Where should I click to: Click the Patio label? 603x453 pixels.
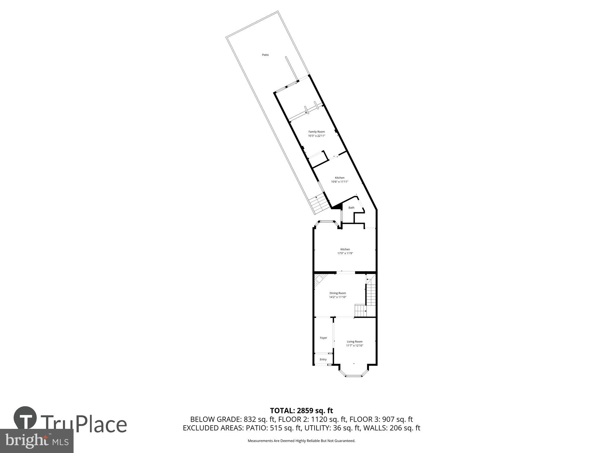tap(265, 55)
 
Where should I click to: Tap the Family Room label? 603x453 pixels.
tap(317, 132)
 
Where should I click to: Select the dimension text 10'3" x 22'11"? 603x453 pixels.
tap(317, 136)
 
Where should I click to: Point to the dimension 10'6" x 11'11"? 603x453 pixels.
tap(339, 182)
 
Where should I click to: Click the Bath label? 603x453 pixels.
tap(351, 208)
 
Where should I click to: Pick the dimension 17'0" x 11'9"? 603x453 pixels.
tap(345, 253)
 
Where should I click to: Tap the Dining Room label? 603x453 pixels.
tap(338, 293)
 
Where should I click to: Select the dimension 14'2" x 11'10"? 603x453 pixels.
tap(338, 297)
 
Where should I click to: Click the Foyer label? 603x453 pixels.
tap(323, 338)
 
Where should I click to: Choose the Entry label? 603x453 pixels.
tap(323, 359)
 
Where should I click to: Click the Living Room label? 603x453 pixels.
tap(355, 342)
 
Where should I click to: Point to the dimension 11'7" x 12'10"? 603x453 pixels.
tap(355, 345)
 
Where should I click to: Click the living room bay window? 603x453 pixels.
tap(353, 375)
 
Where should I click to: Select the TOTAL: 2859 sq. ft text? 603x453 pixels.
tap(301, 411)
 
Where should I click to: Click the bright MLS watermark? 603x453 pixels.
tap(37, 441)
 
